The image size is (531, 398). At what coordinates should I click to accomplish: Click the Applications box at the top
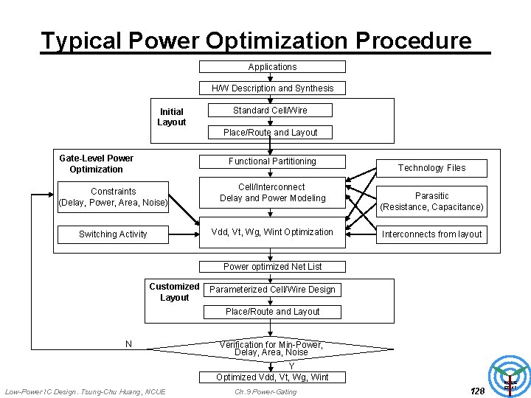pos(272,67)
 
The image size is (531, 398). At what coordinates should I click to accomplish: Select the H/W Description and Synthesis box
pos(272,88)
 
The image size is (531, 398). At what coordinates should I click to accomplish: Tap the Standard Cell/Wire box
pos(270,111)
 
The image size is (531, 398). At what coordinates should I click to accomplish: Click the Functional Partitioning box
pos(272,161)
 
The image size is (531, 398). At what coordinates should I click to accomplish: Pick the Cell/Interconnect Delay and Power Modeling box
pos(272,193)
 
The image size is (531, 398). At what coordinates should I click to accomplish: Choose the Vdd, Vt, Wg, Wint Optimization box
pos(272,232)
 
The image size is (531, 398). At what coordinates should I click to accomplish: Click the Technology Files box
pos(431,168)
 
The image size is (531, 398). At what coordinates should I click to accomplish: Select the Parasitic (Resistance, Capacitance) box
pos(431,202)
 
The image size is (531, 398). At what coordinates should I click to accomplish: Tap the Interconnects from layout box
pos(431,234)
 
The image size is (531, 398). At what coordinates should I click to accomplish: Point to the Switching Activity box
pos(113,234)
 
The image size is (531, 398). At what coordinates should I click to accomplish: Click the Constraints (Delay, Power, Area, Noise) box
pos(114,197)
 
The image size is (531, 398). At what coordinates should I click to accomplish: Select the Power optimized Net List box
pos(272,267)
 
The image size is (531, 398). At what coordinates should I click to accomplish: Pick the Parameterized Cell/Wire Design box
pos(272,290)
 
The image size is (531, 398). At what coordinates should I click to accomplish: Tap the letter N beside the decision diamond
pos(128,344)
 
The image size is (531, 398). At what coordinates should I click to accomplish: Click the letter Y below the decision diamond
pos(291,366)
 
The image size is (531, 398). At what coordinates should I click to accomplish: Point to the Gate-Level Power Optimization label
pos(96,164)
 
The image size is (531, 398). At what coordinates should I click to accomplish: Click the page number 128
pos(477,391)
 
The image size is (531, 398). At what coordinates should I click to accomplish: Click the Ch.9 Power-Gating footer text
pos(265,391)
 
